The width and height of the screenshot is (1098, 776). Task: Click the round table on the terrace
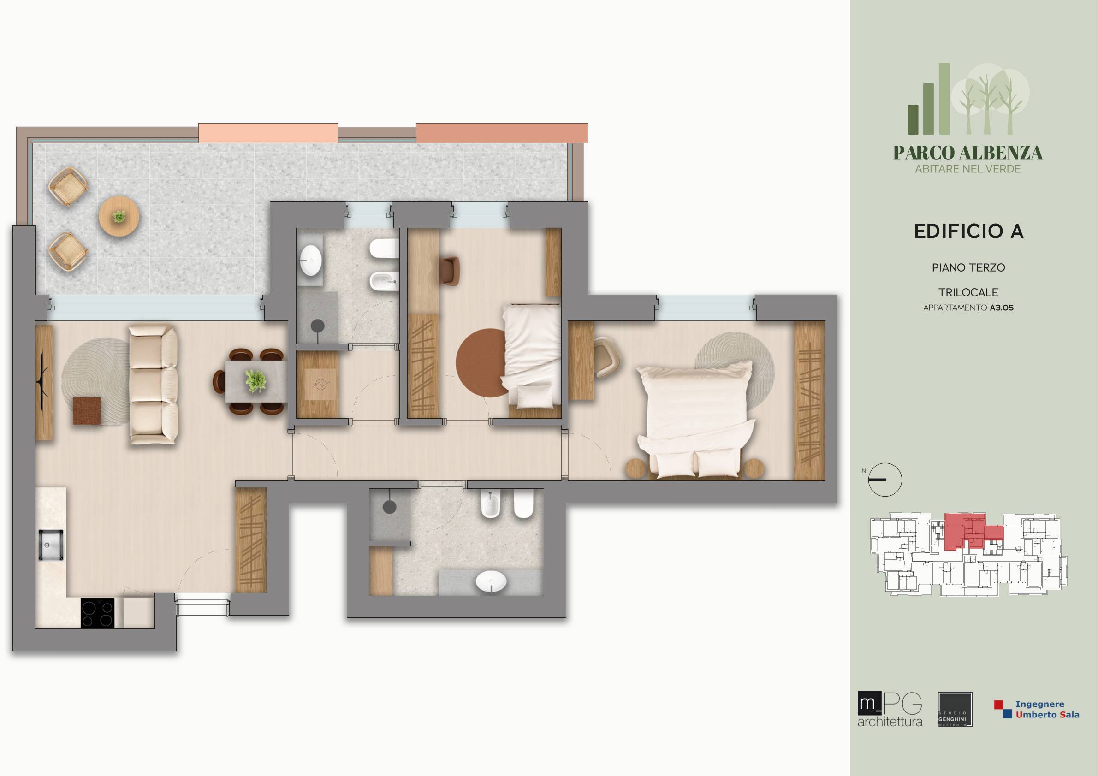[119, 217]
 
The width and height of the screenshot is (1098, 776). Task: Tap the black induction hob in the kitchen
[98, 613]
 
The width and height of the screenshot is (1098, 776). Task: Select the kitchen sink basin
[51, 545]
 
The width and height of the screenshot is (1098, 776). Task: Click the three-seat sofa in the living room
[154, 385]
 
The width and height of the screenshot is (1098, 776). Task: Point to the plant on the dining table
[256, 381]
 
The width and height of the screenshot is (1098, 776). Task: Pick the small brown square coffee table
[87, 410]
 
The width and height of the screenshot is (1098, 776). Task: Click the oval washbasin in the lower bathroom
[491, 582]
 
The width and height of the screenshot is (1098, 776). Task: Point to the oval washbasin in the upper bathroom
[311, 260]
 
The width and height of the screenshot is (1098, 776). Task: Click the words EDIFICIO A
[968, 231]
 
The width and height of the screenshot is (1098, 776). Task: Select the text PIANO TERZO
[968, 268]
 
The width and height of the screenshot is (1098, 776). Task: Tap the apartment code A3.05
[1002, 308]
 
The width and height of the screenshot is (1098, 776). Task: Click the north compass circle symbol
[885, 480]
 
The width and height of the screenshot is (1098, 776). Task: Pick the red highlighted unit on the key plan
[967, 532]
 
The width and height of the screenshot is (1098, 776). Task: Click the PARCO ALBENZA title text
[968, 153]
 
